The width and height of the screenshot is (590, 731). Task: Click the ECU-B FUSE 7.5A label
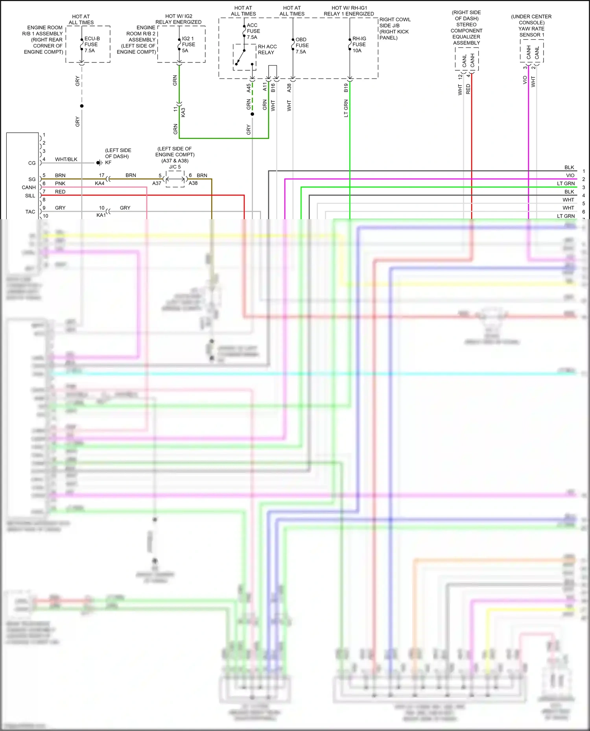(92, 44)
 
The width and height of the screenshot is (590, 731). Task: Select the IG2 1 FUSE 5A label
(188, 44)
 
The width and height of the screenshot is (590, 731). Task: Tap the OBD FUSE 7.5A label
(302, 46)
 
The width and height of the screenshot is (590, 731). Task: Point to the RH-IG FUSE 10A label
(359, 44)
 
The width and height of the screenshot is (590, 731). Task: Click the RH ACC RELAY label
(267, 49)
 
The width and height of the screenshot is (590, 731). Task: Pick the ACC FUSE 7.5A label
(253, 31)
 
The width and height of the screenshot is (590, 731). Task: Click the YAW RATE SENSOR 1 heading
(531, 32)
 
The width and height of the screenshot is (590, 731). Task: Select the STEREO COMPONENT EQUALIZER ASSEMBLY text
(466, 34)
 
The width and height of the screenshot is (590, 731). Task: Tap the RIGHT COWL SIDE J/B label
(395, 22)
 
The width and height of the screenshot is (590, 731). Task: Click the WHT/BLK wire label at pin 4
(66, 159)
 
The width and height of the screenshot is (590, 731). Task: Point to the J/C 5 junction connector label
(175, 167)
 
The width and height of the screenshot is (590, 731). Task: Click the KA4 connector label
(100, 183)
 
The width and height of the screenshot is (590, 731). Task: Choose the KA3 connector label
(183, 112)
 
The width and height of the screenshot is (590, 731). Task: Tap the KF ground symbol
(99, 163)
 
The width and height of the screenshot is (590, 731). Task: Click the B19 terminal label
(346, 88)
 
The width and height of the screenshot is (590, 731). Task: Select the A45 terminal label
(249, 88)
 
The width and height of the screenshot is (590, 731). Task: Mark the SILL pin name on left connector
(30, 196)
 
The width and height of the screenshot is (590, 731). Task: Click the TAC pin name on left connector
(30, 212)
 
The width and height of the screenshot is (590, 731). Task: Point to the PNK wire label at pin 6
(60, 183)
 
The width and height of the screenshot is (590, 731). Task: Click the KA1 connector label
(101, 215)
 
